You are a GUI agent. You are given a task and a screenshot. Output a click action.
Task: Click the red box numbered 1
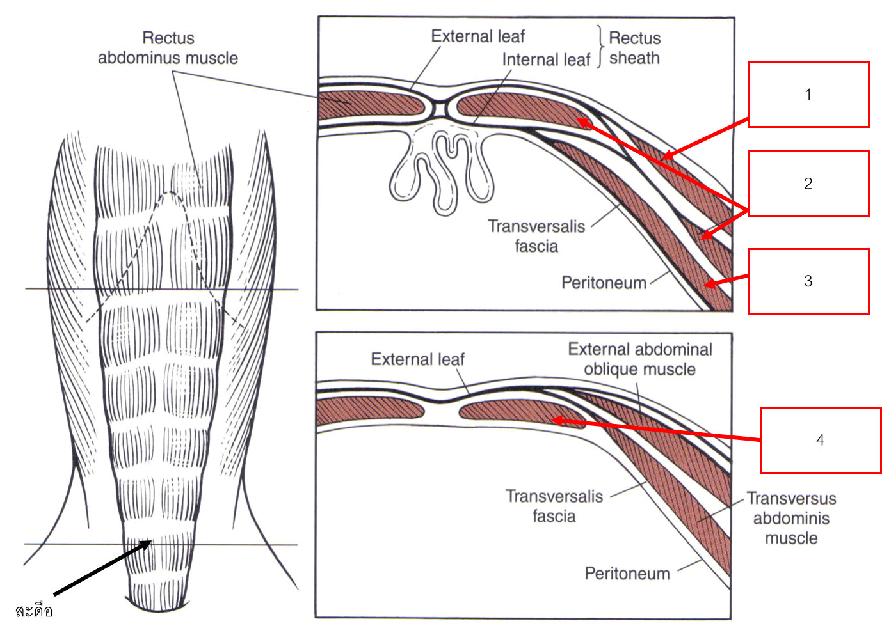[x=808, y=95]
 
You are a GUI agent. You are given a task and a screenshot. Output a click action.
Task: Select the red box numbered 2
[x=808, y=184]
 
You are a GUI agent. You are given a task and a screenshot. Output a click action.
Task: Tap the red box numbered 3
[x=808, y=281]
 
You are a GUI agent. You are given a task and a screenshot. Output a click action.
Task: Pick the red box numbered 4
[x=820, y=440]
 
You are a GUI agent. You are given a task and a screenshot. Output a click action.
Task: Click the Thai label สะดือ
[x=34, y=611]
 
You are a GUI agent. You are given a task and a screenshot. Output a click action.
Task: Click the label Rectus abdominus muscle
[x=168, y=48]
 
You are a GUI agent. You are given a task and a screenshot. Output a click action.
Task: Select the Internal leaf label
[x=545, y=59]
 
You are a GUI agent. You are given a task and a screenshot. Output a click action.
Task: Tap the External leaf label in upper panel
[x=477, y=36]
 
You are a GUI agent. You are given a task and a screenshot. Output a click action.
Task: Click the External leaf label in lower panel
[x=417, y=359]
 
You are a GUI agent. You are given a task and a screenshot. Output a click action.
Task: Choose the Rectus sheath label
[x=634, y=48]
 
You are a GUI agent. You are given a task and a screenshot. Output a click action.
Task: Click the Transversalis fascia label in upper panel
[x=536, y=236]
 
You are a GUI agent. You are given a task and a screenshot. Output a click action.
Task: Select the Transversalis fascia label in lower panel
[x=554, y=506]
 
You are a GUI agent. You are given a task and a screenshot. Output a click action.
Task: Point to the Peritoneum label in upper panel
[x=604, y=283]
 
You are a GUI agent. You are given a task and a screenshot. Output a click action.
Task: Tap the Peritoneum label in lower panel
[x=627, y=573]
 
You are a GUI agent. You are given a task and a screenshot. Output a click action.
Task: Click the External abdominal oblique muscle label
[x=640, y=359]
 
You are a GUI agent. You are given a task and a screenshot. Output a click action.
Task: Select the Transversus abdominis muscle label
[x=791, y=518]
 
